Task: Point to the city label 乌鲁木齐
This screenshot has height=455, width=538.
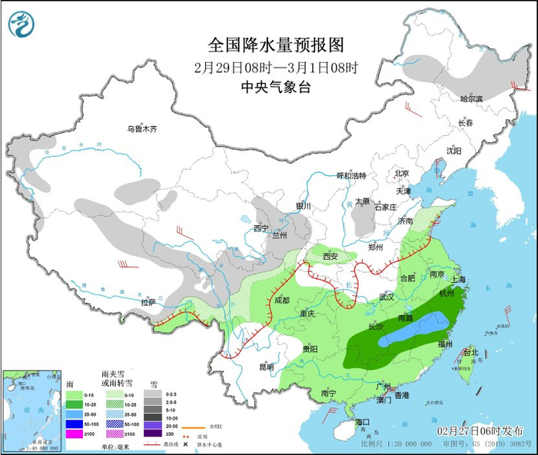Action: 142,129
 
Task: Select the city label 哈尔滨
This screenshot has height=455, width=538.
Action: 471,99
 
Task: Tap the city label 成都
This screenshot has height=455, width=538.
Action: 281,301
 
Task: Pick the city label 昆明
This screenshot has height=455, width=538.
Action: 266,367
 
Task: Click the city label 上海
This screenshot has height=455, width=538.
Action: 462,280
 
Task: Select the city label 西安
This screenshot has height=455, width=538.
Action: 330,256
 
